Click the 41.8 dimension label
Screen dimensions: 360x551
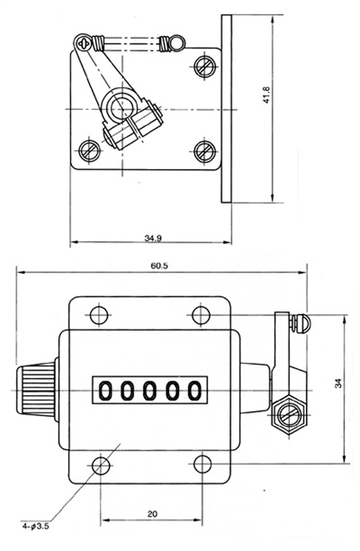click(266, 95)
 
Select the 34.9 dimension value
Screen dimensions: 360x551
click(153, 238)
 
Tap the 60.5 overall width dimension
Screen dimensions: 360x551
click(159, 265)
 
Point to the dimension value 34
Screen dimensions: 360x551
click(338, 384)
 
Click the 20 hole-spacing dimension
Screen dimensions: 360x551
click(153, 514)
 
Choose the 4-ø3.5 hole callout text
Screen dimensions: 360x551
click(36, 526)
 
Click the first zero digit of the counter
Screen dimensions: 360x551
click(105, 391)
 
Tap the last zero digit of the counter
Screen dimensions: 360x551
click(194, 391)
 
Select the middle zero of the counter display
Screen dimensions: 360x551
click(149, 391)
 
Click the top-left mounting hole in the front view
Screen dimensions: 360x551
click(99, 315)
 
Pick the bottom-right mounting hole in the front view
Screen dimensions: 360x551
click(203, 464)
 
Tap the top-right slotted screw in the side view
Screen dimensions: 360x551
click(205, 66)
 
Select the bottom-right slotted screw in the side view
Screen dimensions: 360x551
click(205, 151)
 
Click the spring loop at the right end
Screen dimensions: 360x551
click(177, 43)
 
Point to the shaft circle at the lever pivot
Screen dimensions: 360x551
click(122, 107)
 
